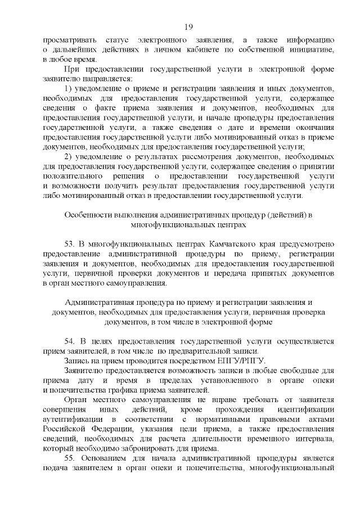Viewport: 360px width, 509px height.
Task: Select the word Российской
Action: coord(66,429)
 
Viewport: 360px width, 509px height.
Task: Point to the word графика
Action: coord(111,390)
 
